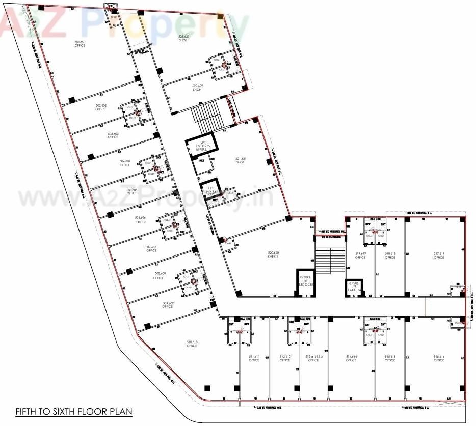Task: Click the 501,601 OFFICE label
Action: click(80, 44)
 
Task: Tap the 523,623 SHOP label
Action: click(183, 38)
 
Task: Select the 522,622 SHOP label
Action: click(197, 88)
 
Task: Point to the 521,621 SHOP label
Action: click(241, 160)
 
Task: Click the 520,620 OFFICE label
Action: click(273, 254)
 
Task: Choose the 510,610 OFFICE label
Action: click(192, 344)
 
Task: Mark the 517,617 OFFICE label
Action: click(439, 255)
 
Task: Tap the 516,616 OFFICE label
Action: click(439, 358)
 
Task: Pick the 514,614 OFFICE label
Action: click(351, 358)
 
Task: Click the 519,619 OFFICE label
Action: click(360, 255)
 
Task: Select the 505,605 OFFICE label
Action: click(132, 192)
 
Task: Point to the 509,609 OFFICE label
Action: click(167, 305)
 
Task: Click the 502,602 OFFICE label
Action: click(100, 107)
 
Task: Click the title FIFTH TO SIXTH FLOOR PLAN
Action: click(73, 411)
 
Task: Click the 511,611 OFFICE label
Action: click(254, 358)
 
